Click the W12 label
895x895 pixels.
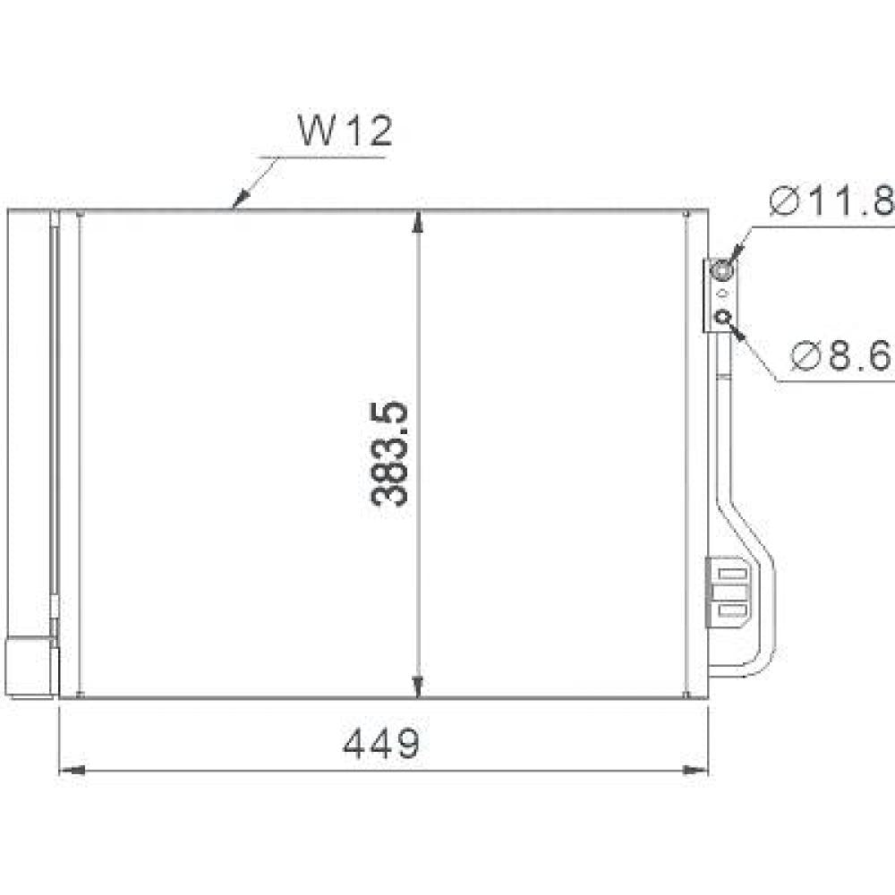pyautogui.click(x=345, y=132)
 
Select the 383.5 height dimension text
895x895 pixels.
pyautogui.click(x=389, y=455)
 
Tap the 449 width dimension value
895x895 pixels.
pyautogui.click(x=381, y=742)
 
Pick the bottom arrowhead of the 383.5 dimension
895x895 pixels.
pyautogui.click(x=418, y=686)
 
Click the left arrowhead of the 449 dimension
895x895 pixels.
pyautogui.click(x=72, y=769)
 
